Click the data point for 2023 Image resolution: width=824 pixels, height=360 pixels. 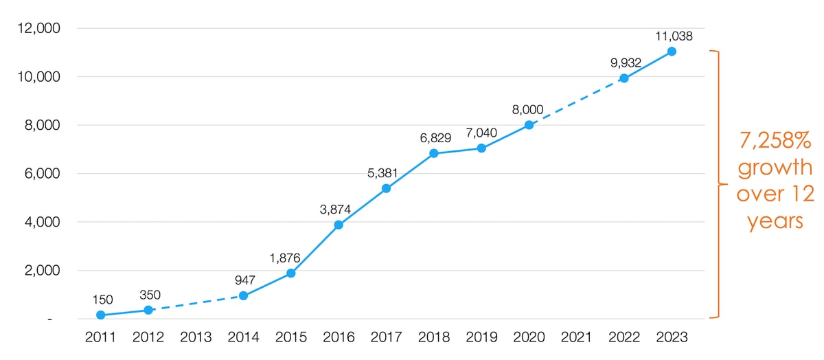(672, 52)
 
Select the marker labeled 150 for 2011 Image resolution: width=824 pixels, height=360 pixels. (101, 315)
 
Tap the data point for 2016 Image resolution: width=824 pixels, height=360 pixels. (339, 225)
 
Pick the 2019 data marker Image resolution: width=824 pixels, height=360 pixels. (481, 148)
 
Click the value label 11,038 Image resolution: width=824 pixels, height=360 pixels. (674, 36)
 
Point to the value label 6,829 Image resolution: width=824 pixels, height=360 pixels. (435, 138)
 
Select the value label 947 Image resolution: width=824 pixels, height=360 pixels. (245, 280)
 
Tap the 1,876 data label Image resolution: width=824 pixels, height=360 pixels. (285, 258)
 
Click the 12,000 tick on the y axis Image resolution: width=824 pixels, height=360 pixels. (38, 28)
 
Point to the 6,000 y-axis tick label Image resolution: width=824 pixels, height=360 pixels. (42, 174)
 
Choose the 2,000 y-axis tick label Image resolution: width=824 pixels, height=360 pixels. (42, 271)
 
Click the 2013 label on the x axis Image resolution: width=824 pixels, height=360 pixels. (196, 337)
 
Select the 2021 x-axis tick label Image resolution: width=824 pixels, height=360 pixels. (576, 337)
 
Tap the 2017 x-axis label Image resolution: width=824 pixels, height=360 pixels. (386, 337)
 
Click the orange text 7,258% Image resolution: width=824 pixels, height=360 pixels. (775, 141)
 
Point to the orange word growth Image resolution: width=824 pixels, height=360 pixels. (775, 168)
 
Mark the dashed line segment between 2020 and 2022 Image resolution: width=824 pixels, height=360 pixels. (576, 102)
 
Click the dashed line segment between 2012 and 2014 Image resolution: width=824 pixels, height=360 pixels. (196, 303)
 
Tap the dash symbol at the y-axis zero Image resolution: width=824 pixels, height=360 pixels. (49, 319)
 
